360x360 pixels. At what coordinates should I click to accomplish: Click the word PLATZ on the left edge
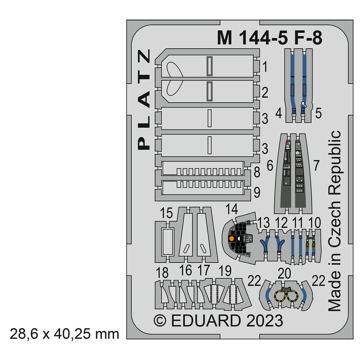click(x=144, y=99)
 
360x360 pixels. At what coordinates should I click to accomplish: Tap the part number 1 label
click(x=265, y=67)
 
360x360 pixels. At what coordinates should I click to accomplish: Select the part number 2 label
click(x=265, y=92)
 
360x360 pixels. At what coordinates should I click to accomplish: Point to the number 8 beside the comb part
click(x=257, y=172)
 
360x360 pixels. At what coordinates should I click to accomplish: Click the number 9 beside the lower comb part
click(x=257, y=192)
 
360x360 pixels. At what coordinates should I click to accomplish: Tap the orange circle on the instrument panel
click(x=231, y=239)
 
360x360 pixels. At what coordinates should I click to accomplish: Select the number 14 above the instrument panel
click(x=231, y=209)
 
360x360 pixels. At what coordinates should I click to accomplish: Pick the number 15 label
click(x=166, y=213)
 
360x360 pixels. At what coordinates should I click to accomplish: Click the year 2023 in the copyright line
click(x=265, y=320)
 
